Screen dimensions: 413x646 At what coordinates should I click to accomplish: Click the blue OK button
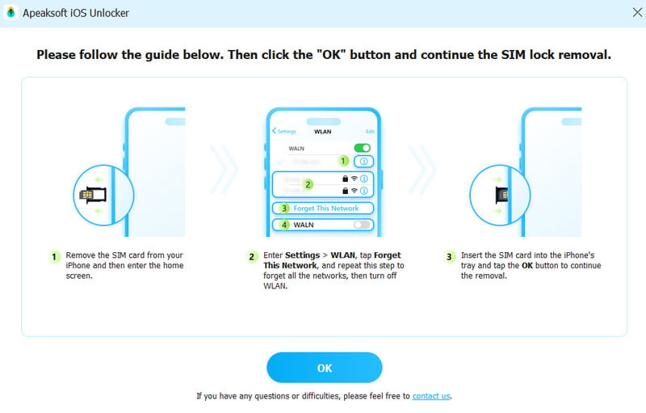[x=324, y=368]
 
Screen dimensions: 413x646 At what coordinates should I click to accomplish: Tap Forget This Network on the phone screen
[x=326, y=209]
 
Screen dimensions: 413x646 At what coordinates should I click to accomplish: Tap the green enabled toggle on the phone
[x=363, y=148]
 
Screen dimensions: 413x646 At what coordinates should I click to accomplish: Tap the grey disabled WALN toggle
[x=363, y=225]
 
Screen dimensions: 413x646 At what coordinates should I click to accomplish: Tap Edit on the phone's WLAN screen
[x=370, y=131]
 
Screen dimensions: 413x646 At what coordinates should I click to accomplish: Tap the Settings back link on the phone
[x=285, y=131]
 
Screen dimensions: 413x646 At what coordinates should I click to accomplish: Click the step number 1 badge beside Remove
[x=54, y=257]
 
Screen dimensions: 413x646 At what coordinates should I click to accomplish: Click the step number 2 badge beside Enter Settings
[x=252, y=257]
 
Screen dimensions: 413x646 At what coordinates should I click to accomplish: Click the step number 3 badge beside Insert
[x=450, y=257]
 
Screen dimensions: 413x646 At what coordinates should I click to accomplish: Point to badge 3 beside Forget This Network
[x=284, y=209]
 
